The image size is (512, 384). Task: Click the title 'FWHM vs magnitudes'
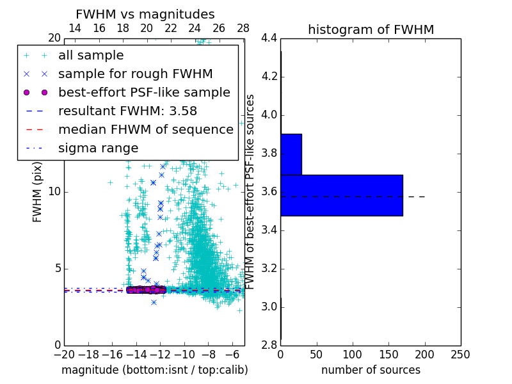145,15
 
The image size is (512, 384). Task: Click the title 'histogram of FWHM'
371,29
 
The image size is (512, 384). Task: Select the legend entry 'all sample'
91,56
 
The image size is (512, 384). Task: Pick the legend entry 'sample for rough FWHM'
135,74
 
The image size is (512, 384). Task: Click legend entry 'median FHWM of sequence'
145,129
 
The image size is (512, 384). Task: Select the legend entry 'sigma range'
98,148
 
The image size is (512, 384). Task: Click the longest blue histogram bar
342,195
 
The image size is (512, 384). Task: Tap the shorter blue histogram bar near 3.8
291,154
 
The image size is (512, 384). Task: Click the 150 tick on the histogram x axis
388,355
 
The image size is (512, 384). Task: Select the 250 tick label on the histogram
460,355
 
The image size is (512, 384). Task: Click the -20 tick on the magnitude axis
64,355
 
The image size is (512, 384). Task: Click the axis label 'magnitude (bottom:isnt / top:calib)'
154,370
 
